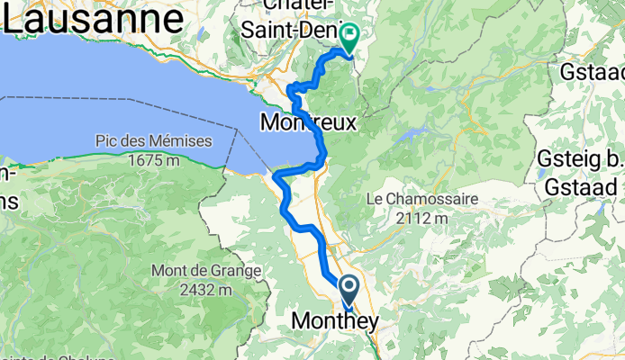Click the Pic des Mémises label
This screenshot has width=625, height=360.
click(x=153, y=141)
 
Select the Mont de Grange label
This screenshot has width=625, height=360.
click(x=205, y=270)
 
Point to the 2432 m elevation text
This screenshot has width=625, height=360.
click(x=205, y=289)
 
